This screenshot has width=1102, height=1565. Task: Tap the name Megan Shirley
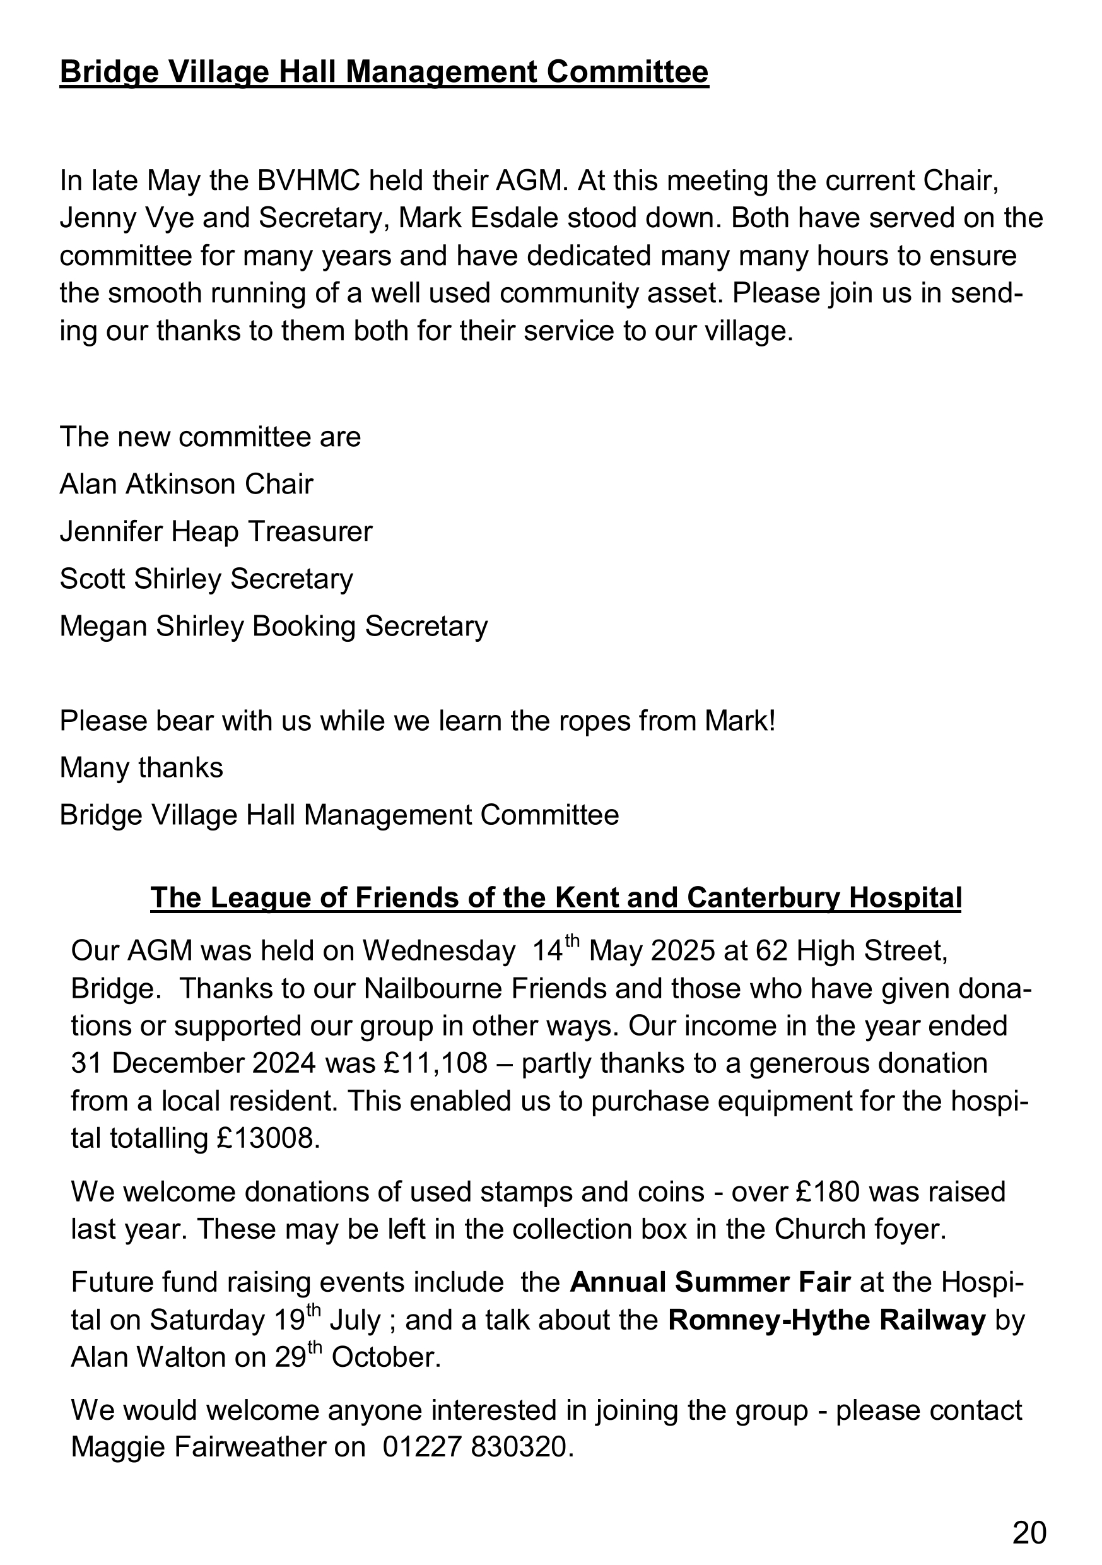click(x=151, y=627)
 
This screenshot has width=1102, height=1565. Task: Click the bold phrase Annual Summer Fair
click(x=710, y=1282)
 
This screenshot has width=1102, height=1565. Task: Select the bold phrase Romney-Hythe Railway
click(x=827, y=1320)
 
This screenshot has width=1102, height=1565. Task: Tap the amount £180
click(x=824, y=1191)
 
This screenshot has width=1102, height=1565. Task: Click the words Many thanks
click(x=141, y=768)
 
